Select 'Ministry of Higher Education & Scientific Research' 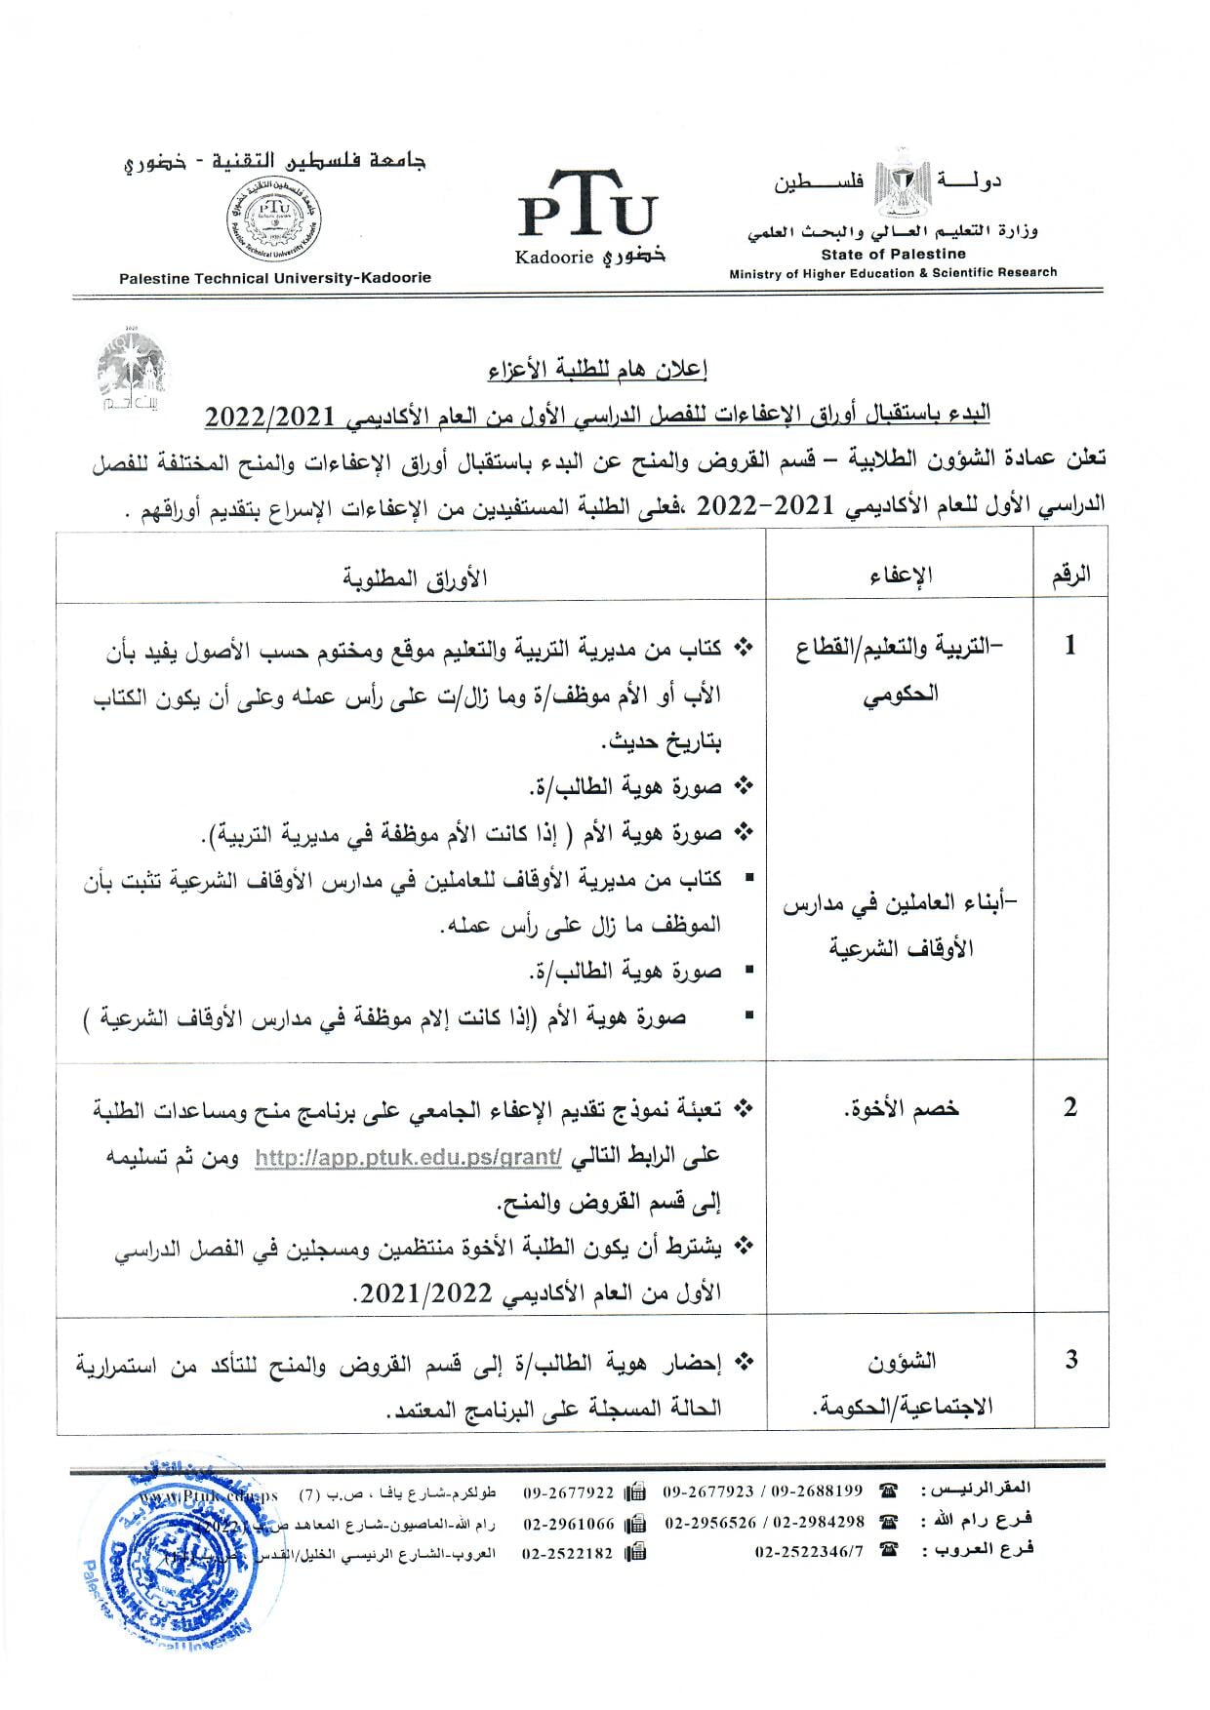pyautogui.click(x=893, y=273)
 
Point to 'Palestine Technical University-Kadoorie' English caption pyautogui.click(x=274, y=278)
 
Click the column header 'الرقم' pyautogui.click(x=1070, y=575)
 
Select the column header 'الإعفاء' pyautogui.click(x=900, y=576)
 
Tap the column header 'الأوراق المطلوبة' pyautogui.click(x=416, y=577)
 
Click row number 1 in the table pyautogui.click(x=1070, y=646)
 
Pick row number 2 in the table pyautogui.click(x=1070, y=1107)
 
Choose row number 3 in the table pyautogui.click(x=1070, y=1360)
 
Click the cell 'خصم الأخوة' pyautogui.click(x=900, y=1109)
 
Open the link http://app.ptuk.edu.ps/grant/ pyautogui.click(x=408, y=1158)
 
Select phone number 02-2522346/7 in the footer pyautogui.click(x=809, y=1552)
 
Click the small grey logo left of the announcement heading pyautogui.click(x=132, y=375)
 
